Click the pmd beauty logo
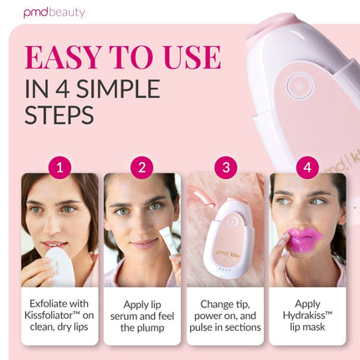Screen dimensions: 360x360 point(54,13)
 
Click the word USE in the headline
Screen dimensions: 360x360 point(192,57)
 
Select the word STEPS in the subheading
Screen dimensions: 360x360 point(59,115)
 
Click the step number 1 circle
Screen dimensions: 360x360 point(59,167)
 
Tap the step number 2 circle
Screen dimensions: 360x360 point(142,167)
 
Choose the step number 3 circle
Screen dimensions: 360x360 point(226,167)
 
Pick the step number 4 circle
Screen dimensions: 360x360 point(307,167)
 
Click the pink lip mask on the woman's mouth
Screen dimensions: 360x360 point(305,239)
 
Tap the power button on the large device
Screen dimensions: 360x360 point(300,86)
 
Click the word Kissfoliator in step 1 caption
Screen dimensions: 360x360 point(49,316)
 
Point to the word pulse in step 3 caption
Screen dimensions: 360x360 point(201,327)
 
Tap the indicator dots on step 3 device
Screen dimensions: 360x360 point(225,270)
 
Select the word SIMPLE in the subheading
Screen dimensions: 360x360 point(118,89)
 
